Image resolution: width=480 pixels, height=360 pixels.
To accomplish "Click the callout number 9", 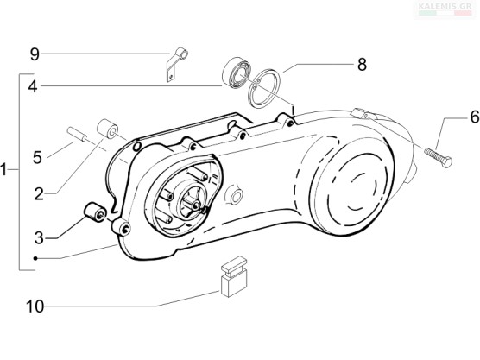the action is [x=35, y=54].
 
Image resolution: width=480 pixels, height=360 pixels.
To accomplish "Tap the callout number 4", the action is [x=33, y=86].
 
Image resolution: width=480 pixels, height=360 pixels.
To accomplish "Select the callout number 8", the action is [x=362, y=65].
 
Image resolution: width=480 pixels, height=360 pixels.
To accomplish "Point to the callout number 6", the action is [x=475, y=117].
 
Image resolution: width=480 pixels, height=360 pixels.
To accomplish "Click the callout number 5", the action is [x=37, y=158].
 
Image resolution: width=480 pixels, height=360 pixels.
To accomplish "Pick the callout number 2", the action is [x=39, y=194].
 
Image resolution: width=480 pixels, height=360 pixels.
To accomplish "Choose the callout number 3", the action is [x=39, y=238].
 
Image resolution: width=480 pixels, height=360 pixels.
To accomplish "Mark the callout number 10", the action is [x=35, y=306].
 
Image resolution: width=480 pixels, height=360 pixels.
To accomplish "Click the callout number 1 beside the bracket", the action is [x=3, y=169].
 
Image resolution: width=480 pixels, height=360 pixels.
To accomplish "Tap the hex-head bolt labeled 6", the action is [x=438, y=157].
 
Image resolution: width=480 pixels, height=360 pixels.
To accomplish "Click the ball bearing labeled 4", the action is [x=236, y=73].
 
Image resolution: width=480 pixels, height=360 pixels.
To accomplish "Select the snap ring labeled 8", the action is [x=264, y=88].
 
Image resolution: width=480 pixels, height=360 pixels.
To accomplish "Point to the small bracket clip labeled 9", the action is [x=177, y=65].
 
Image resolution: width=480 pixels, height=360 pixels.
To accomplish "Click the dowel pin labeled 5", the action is [x=77, y=135].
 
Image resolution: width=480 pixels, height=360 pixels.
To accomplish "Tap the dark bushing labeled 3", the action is [x=95, y=212].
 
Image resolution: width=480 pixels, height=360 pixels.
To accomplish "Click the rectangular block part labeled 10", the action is [x=234, y=276].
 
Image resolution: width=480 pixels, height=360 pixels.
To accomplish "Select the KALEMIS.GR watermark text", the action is [x=445, y=6].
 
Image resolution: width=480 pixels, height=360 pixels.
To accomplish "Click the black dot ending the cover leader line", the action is [x=35, y=259].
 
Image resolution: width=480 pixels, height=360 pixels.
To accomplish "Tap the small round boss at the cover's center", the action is [x=235, y=195].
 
